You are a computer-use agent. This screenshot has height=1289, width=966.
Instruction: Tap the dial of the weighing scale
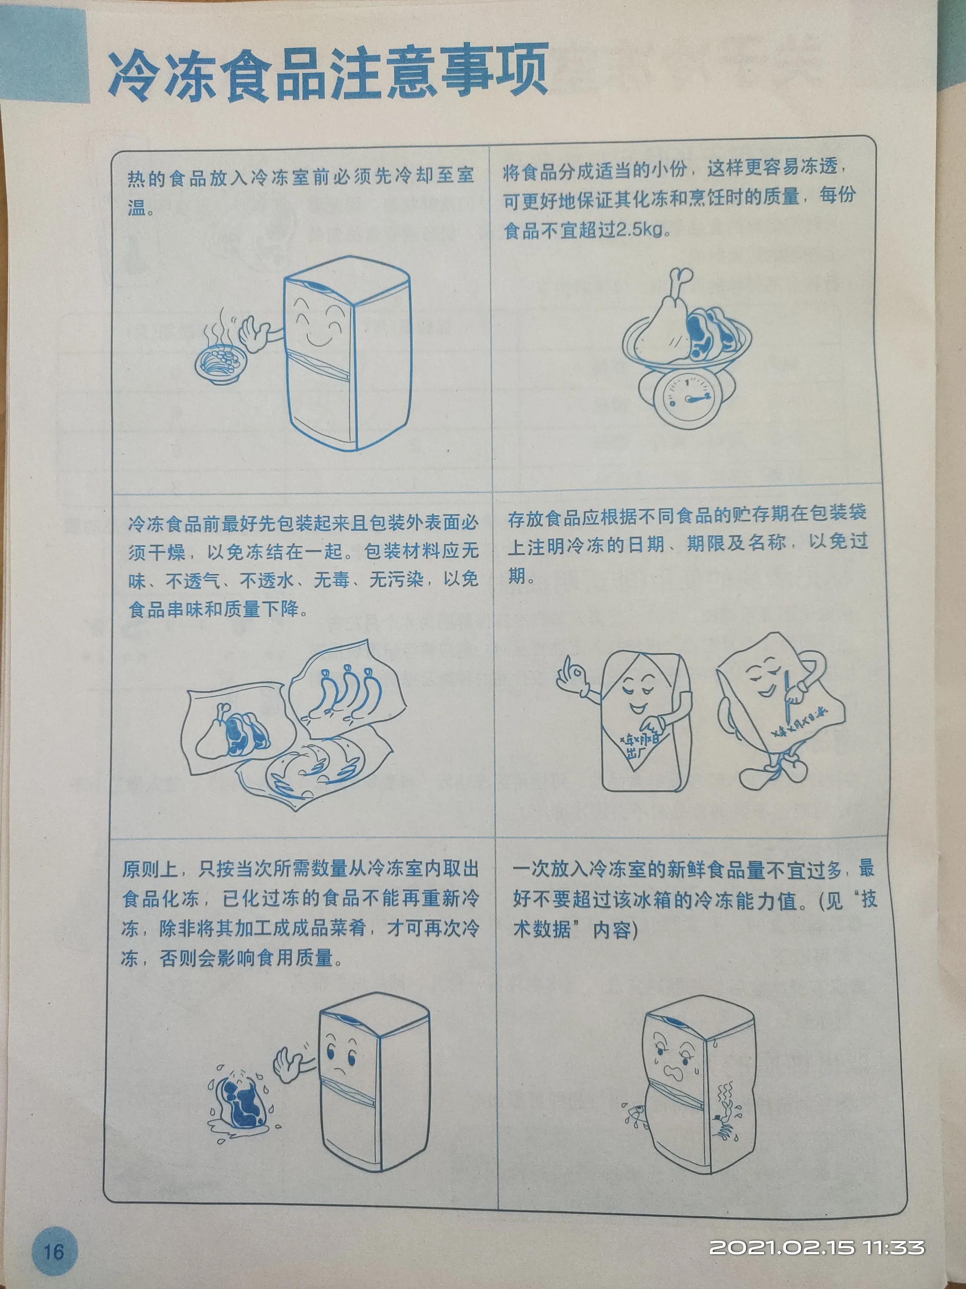[x=687, y=396]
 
